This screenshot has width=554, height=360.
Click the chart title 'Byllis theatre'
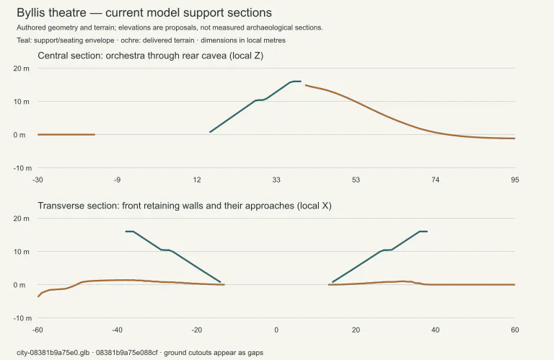click(51, 13)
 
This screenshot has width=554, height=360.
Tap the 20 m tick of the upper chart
click(22, 69)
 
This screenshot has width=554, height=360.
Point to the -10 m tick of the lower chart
click(22, 318)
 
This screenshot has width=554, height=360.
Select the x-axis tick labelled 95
click(515, 180)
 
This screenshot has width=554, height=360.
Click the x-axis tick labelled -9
click(118, 180)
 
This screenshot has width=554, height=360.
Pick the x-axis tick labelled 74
click(435, 180)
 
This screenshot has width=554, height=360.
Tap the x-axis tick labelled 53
click(356, 180)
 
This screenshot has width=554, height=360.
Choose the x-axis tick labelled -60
click(38, 330)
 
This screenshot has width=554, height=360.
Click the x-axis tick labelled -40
click(118, 330)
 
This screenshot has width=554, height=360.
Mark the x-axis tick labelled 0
click(276, 330)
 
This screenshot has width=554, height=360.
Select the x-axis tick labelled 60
click(515, 330)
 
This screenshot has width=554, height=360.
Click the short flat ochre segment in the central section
click(66, 135)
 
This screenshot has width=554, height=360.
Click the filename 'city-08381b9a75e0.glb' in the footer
click(53, 353)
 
